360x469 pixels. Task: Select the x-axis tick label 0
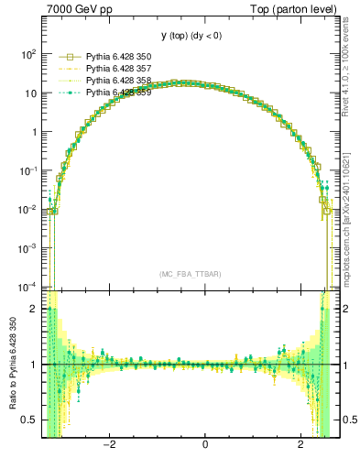(x=205, y=445)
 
